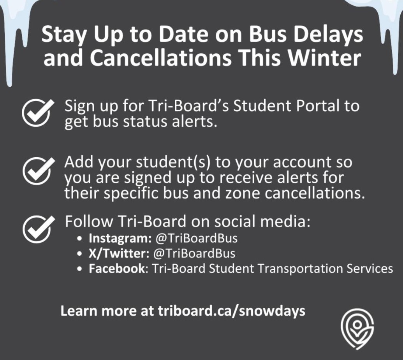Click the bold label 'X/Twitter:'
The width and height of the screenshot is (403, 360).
[119, 253]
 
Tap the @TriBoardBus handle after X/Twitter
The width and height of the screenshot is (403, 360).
[194, 253]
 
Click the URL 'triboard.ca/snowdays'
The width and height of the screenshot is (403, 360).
[231, 311]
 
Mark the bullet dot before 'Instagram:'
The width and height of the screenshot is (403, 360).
[80, 238]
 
